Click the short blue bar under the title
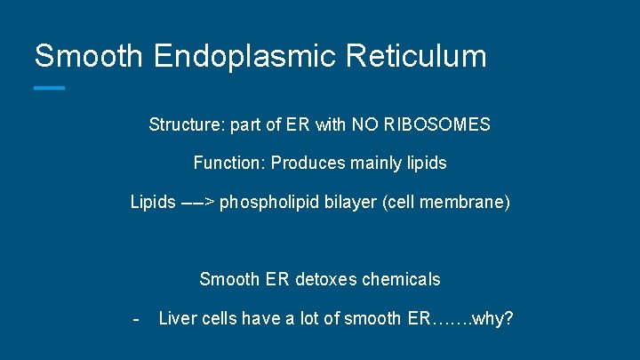(49, 87)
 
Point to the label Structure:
(187, 125)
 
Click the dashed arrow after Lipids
(197, 203)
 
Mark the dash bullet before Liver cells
(135, 318)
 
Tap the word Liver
(177, 318)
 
